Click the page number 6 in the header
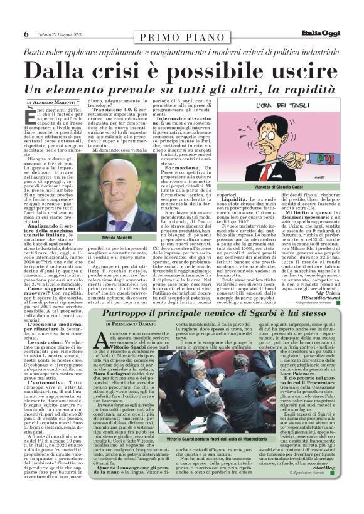[26, 34]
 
